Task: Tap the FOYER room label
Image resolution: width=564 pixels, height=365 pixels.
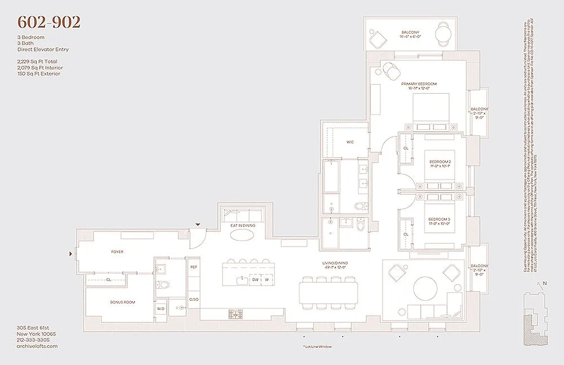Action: (117, 252)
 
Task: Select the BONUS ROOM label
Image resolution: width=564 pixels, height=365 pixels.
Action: (122, 302)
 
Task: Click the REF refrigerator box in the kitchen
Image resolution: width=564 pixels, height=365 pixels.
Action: (193, 267)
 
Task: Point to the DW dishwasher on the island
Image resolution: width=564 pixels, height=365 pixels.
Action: (256, 280)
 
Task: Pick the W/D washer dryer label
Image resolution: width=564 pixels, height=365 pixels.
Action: (161, 308)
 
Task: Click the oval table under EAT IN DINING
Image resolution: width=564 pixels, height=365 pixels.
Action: (243, 235)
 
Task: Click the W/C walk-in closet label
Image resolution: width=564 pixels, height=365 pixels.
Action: (350, 142)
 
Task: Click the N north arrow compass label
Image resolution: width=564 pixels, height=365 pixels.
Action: (544, 283)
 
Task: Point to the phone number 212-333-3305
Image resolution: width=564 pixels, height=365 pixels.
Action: (33, 340)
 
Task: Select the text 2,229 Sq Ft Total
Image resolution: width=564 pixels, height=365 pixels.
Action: (37, 61)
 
